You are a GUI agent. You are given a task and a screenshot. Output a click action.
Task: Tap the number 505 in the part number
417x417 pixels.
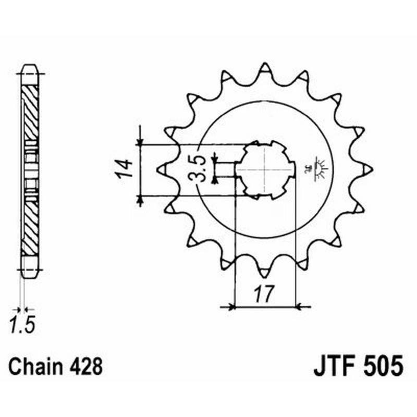pos(382,365)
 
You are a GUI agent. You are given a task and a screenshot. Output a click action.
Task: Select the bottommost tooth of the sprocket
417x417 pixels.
pos(265,271)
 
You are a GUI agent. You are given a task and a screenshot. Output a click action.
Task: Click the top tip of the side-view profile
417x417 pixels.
pos(29,67)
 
